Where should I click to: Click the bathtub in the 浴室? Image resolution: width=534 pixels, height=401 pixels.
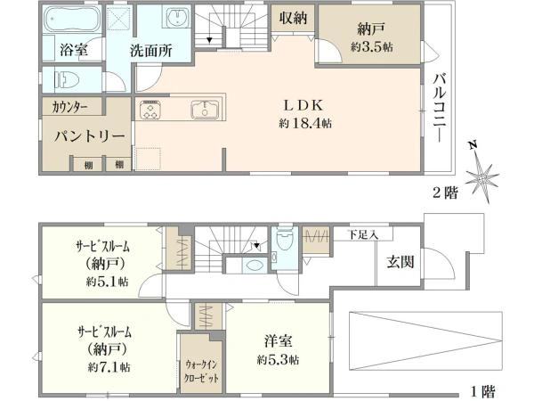pos(72,19)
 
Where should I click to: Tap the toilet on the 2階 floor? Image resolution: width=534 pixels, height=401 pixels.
pos(67,80)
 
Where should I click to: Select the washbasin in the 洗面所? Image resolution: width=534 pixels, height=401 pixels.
pos(177,17)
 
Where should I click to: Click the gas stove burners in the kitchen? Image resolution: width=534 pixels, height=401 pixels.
pos(150,109)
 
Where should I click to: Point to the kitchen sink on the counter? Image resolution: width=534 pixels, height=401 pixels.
pos(205,110)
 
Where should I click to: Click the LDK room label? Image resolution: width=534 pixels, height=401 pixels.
pos(303,106)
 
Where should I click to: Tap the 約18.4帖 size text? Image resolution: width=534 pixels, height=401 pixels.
pos(305,123)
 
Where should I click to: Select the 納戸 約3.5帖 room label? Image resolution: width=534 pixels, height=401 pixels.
pos(371,37)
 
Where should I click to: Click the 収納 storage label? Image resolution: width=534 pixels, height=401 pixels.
pos(293,18)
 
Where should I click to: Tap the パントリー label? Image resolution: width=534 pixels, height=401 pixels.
pos(90,136)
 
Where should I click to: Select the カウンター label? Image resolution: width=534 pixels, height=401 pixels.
pos(70,108)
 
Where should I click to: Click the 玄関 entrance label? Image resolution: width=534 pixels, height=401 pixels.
pos(400,262)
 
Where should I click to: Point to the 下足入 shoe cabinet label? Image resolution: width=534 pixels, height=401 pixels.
pos(363,234)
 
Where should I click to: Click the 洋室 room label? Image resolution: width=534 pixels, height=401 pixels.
pos(278,341)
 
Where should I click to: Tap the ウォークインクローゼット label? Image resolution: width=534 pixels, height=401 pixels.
pos(201,372)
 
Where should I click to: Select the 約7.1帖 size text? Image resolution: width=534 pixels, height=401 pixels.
pos(109,367)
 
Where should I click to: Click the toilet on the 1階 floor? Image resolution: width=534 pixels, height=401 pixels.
pos(285,241)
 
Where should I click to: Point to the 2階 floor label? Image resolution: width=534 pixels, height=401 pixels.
pos(446,193)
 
